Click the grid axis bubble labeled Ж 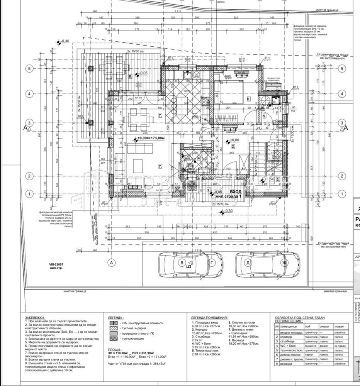click(285, 263)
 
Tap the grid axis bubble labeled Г click(211, 263)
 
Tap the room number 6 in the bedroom click(248, 99)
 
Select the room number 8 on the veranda click(131, 76)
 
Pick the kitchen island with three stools click(179, 103)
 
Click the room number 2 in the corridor click(233, 147)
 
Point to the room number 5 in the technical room click(264, 115)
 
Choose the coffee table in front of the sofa click(138, 166)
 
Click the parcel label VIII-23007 click(57, 265)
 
